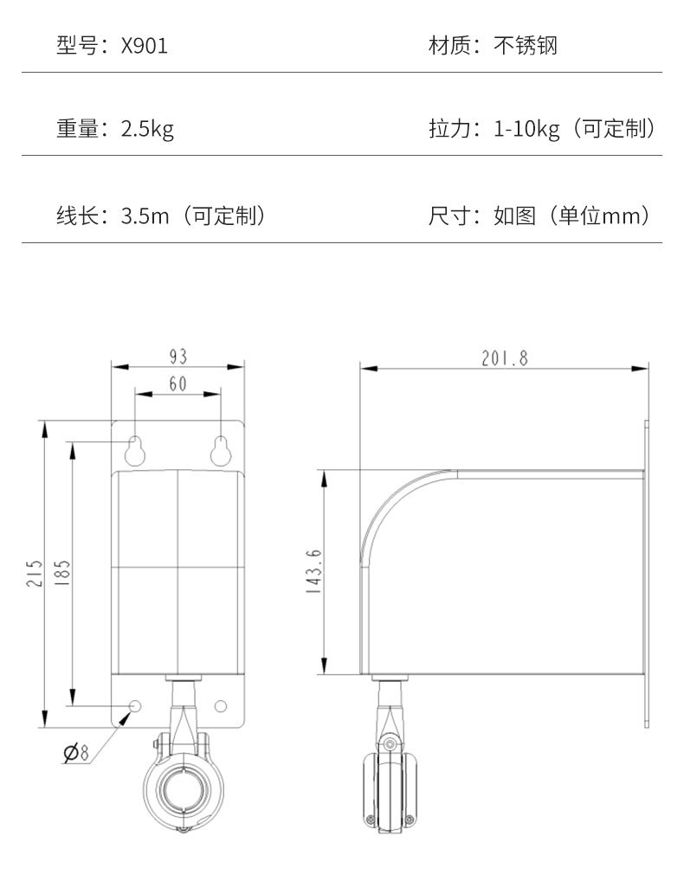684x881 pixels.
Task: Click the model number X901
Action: (x=145, y=46)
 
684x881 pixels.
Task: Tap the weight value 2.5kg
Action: (x=147, y=130)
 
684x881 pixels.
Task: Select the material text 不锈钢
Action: (x=526, y=46)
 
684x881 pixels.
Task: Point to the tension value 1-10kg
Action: (x=526, y=130)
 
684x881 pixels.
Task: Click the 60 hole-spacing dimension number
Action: (x=178, y=384)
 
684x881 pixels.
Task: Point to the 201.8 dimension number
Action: (x=504, y=358)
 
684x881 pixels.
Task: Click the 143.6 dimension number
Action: (x=314, y=571)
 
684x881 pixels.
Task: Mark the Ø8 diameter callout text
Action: (x=77, y=753)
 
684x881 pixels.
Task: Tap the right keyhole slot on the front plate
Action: (x=221, y=450)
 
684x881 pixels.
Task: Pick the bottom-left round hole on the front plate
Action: (x=134, y=706)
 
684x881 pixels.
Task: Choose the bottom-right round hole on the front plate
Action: (x=221, y=706)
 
